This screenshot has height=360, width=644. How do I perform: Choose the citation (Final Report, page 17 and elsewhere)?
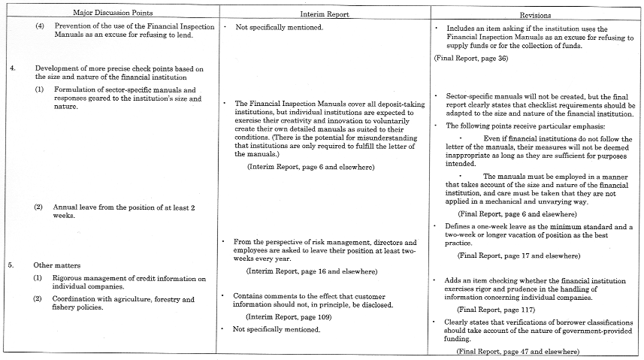point(519,256)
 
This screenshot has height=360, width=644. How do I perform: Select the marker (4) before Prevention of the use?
point(40,26)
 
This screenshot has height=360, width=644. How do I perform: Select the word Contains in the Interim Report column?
point(250,296)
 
